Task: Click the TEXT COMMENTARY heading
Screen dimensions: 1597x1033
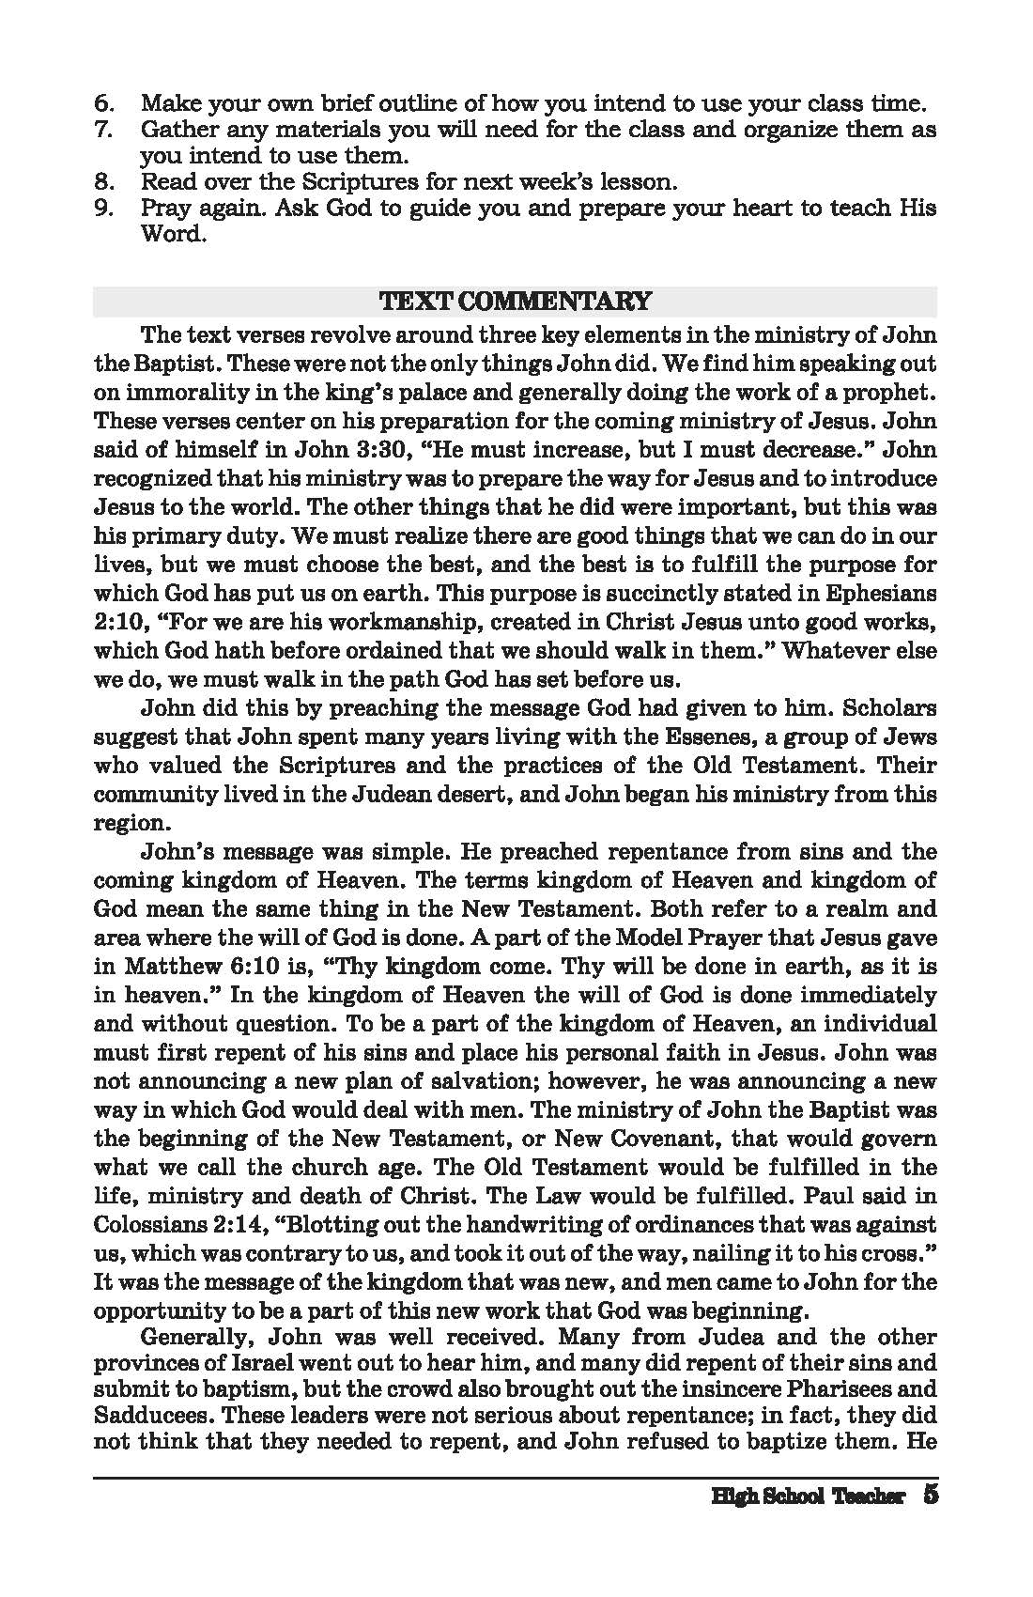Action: coord(515,302)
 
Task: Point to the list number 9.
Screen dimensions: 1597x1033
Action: coord(104,207)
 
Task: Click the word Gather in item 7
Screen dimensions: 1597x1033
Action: coord(177,129)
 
